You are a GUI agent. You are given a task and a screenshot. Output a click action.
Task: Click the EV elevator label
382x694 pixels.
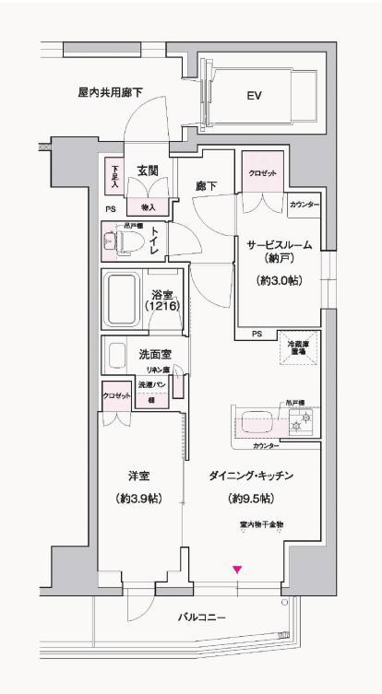(254, 94)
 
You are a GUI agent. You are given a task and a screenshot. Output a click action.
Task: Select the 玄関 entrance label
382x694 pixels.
(148, 171)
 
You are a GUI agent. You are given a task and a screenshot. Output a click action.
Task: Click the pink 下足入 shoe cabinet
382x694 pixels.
(114, 175)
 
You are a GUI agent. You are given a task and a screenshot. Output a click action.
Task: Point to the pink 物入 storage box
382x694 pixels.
(148, 207)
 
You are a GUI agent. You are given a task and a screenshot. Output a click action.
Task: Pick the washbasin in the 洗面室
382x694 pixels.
(117, 355)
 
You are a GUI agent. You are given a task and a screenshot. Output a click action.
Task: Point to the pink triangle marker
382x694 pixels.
(237, 570)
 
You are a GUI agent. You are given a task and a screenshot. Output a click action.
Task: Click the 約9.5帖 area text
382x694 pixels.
(250, 499)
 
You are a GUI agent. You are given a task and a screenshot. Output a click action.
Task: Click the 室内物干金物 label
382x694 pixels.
(262, 524)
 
